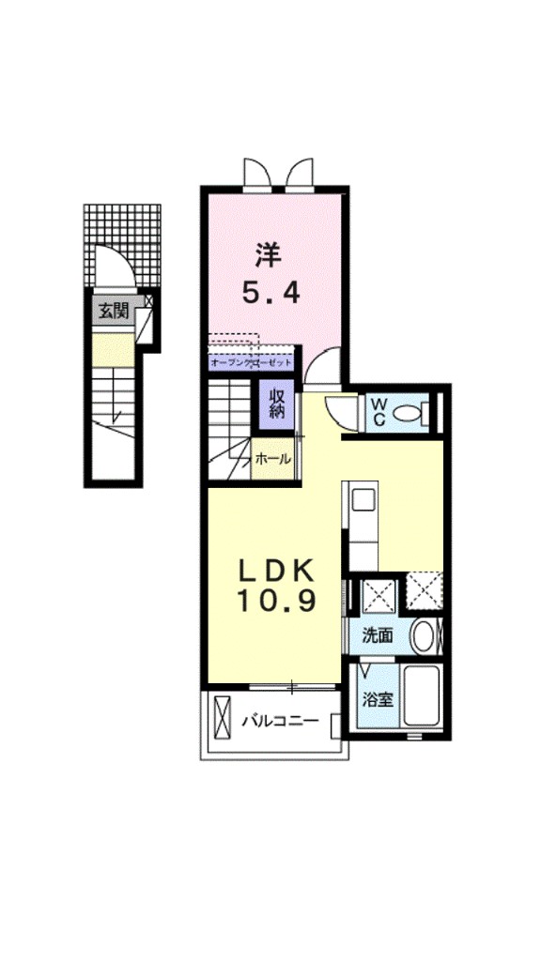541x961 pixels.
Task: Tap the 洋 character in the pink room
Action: [x=270, y=253]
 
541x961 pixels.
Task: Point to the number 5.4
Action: [x=270, y=294]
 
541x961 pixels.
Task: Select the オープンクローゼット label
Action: [x=251, y=361]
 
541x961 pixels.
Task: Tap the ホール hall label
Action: [x=273, y=460]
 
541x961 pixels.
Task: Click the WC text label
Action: [x=379, y=411]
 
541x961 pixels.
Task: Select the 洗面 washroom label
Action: [x=378, y=635]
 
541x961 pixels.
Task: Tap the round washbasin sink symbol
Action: [x=424, y=635]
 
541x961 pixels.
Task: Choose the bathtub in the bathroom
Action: [x=422, y=695]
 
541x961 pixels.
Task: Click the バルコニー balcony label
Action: [x=280, y=722]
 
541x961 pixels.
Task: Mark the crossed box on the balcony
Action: [x=223, y=720]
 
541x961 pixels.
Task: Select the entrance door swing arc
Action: [x=109, y=266]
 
